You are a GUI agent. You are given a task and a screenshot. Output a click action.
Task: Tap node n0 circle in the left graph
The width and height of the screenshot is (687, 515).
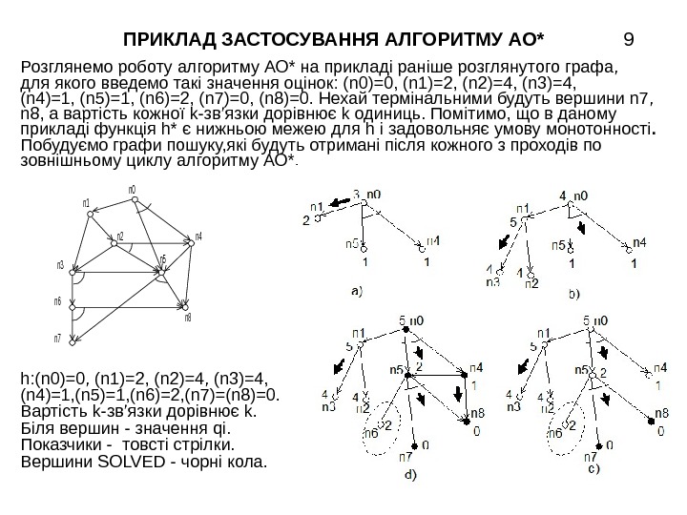(134, 200)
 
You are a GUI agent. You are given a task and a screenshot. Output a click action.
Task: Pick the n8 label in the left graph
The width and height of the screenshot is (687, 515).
(188, 318)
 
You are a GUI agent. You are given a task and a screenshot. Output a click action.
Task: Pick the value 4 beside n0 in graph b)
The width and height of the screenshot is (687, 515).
(563, 195)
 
